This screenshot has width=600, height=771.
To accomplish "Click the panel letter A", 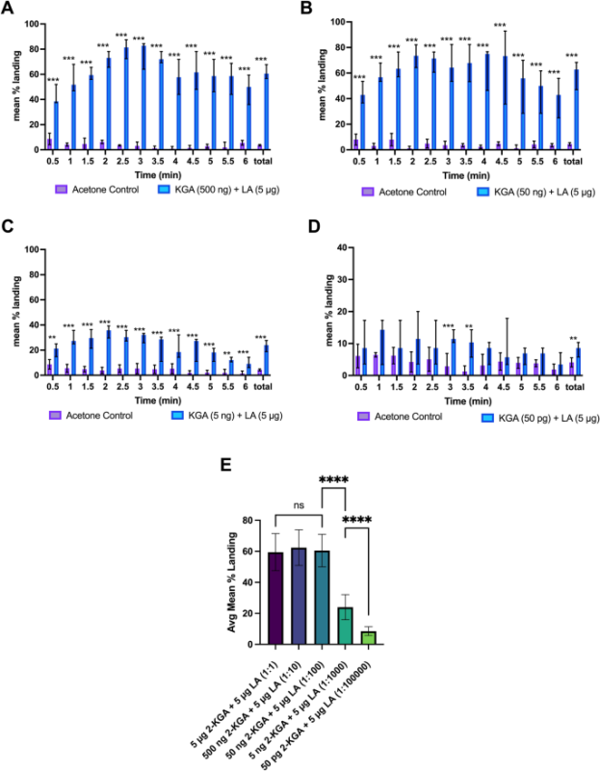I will tap(9, 9).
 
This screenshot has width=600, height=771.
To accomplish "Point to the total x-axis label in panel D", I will tap(576, 387).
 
